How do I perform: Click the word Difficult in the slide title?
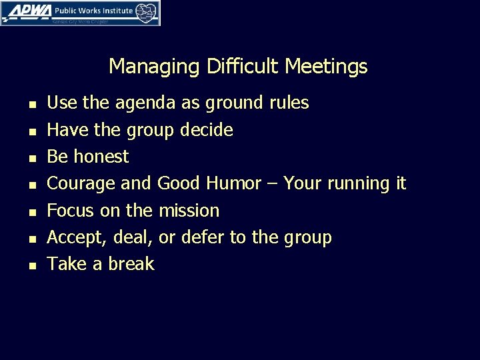point(244,67)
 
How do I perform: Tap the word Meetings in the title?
point(326,67)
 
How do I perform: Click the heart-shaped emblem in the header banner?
point(147,11)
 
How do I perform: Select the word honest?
point(103,157)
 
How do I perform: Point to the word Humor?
point(234,183)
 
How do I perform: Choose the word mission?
point(189,211)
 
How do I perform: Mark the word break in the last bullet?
point(132,264)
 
